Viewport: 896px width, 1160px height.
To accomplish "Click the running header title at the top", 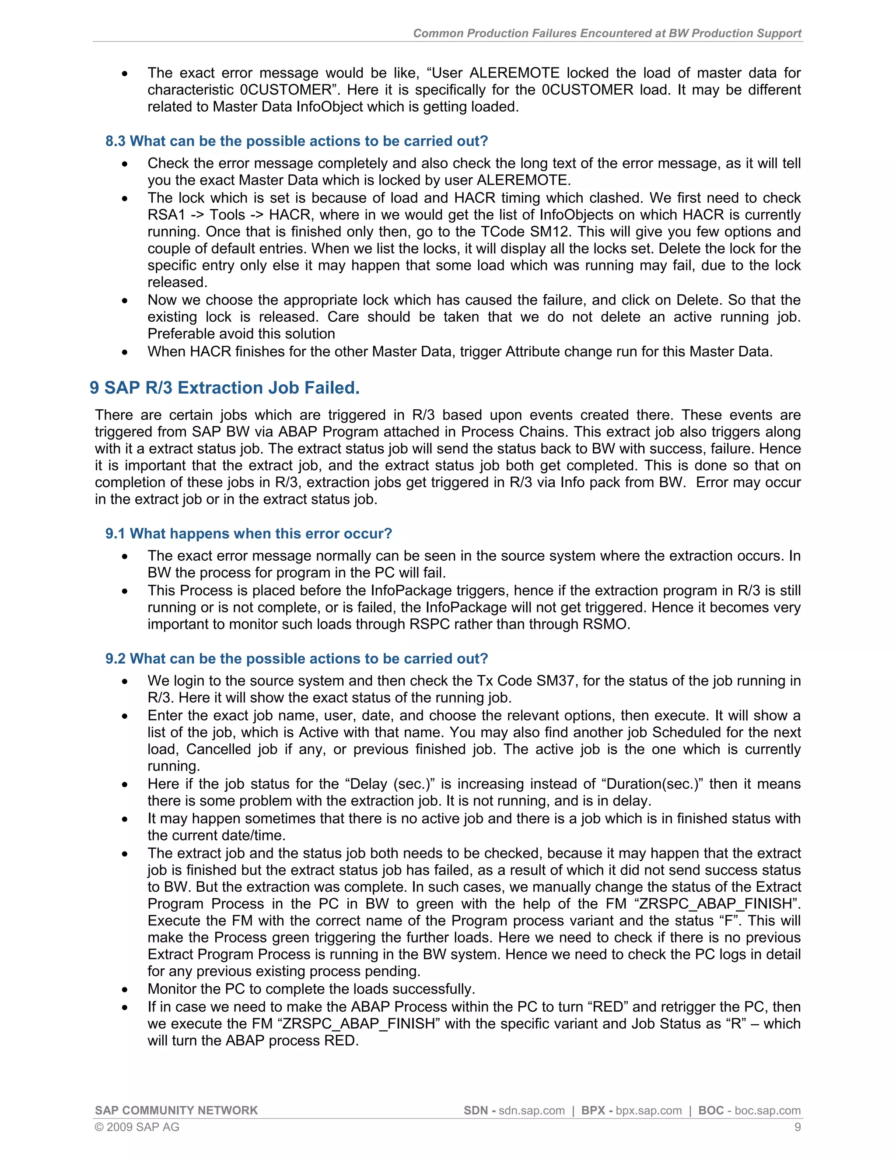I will pos(607,33).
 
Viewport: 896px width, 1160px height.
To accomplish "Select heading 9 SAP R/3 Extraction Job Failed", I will pos(224,388).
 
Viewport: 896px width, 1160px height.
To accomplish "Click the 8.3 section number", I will pos(115,141).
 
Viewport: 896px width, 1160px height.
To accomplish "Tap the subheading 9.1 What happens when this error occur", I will pos(248,533).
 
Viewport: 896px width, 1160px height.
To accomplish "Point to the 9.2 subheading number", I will pos(115,659).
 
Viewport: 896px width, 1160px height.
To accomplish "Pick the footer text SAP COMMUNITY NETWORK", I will pos(176,1111).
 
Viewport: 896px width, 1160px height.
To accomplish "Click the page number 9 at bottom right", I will pos(797,1127).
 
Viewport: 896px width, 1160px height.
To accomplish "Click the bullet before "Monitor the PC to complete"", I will pos(125,990).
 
